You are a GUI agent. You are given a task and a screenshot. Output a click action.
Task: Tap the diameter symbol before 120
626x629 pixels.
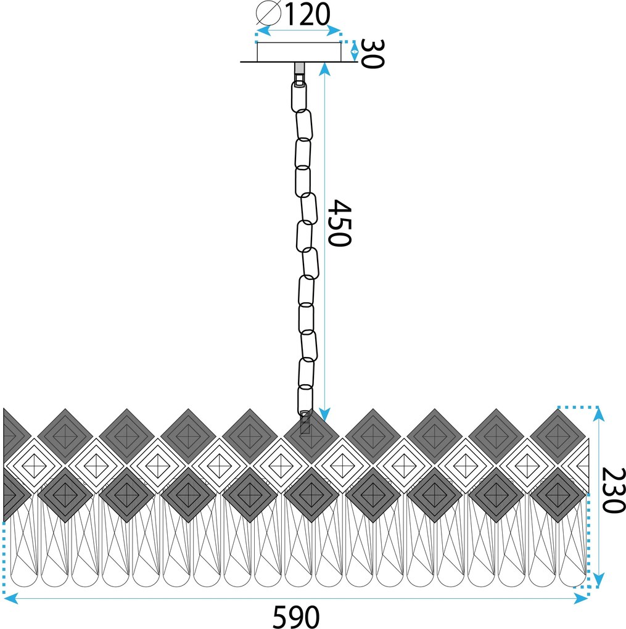click(x=268, y=14)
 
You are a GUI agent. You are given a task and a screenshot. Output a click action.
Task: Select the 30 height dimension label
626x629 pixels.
click(x=373, y=54)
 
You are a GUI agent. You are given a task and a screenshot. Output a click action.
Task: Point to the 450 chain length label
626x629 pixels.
click(x=339, y=223)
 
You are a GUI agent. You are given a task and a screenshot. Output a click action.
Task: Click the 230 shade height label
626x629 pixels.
click(x=614, y=490)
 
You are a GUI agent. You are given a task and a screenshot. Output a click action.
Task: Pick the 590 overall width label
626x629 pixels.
click(x=296, y=617)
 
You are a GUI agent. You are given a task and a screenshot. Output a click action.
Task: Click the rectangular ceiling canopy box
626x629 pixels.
click(x=299, y=52)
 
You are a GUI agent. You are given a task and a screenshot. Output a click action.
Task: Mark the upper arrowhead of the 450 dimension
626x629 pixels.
click(x=325, y=69)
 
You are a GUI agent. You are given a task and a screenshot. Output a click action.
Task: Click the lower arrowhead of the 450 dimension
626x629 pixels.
click(x=325, y=415)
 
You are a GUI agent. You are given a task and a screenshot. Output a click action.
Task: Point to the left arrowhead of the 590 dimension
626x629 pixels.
click(x=10, y=599)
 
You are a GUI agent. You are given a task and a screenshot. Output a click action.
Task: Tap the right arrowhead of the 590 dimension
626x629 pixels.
click(x=581, y=599)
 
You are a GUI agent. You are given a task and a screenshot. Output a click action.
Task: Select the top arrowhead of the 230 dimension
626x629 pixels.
click(x=598, y=414)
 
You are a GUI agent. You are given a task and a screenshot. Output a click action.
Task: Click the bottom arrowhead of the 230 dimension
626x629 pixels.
click(x=598, y=580)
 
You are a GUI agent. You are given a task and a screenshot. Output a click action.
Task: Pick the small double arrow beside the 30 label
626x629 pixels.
click(x=355, y=51)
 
